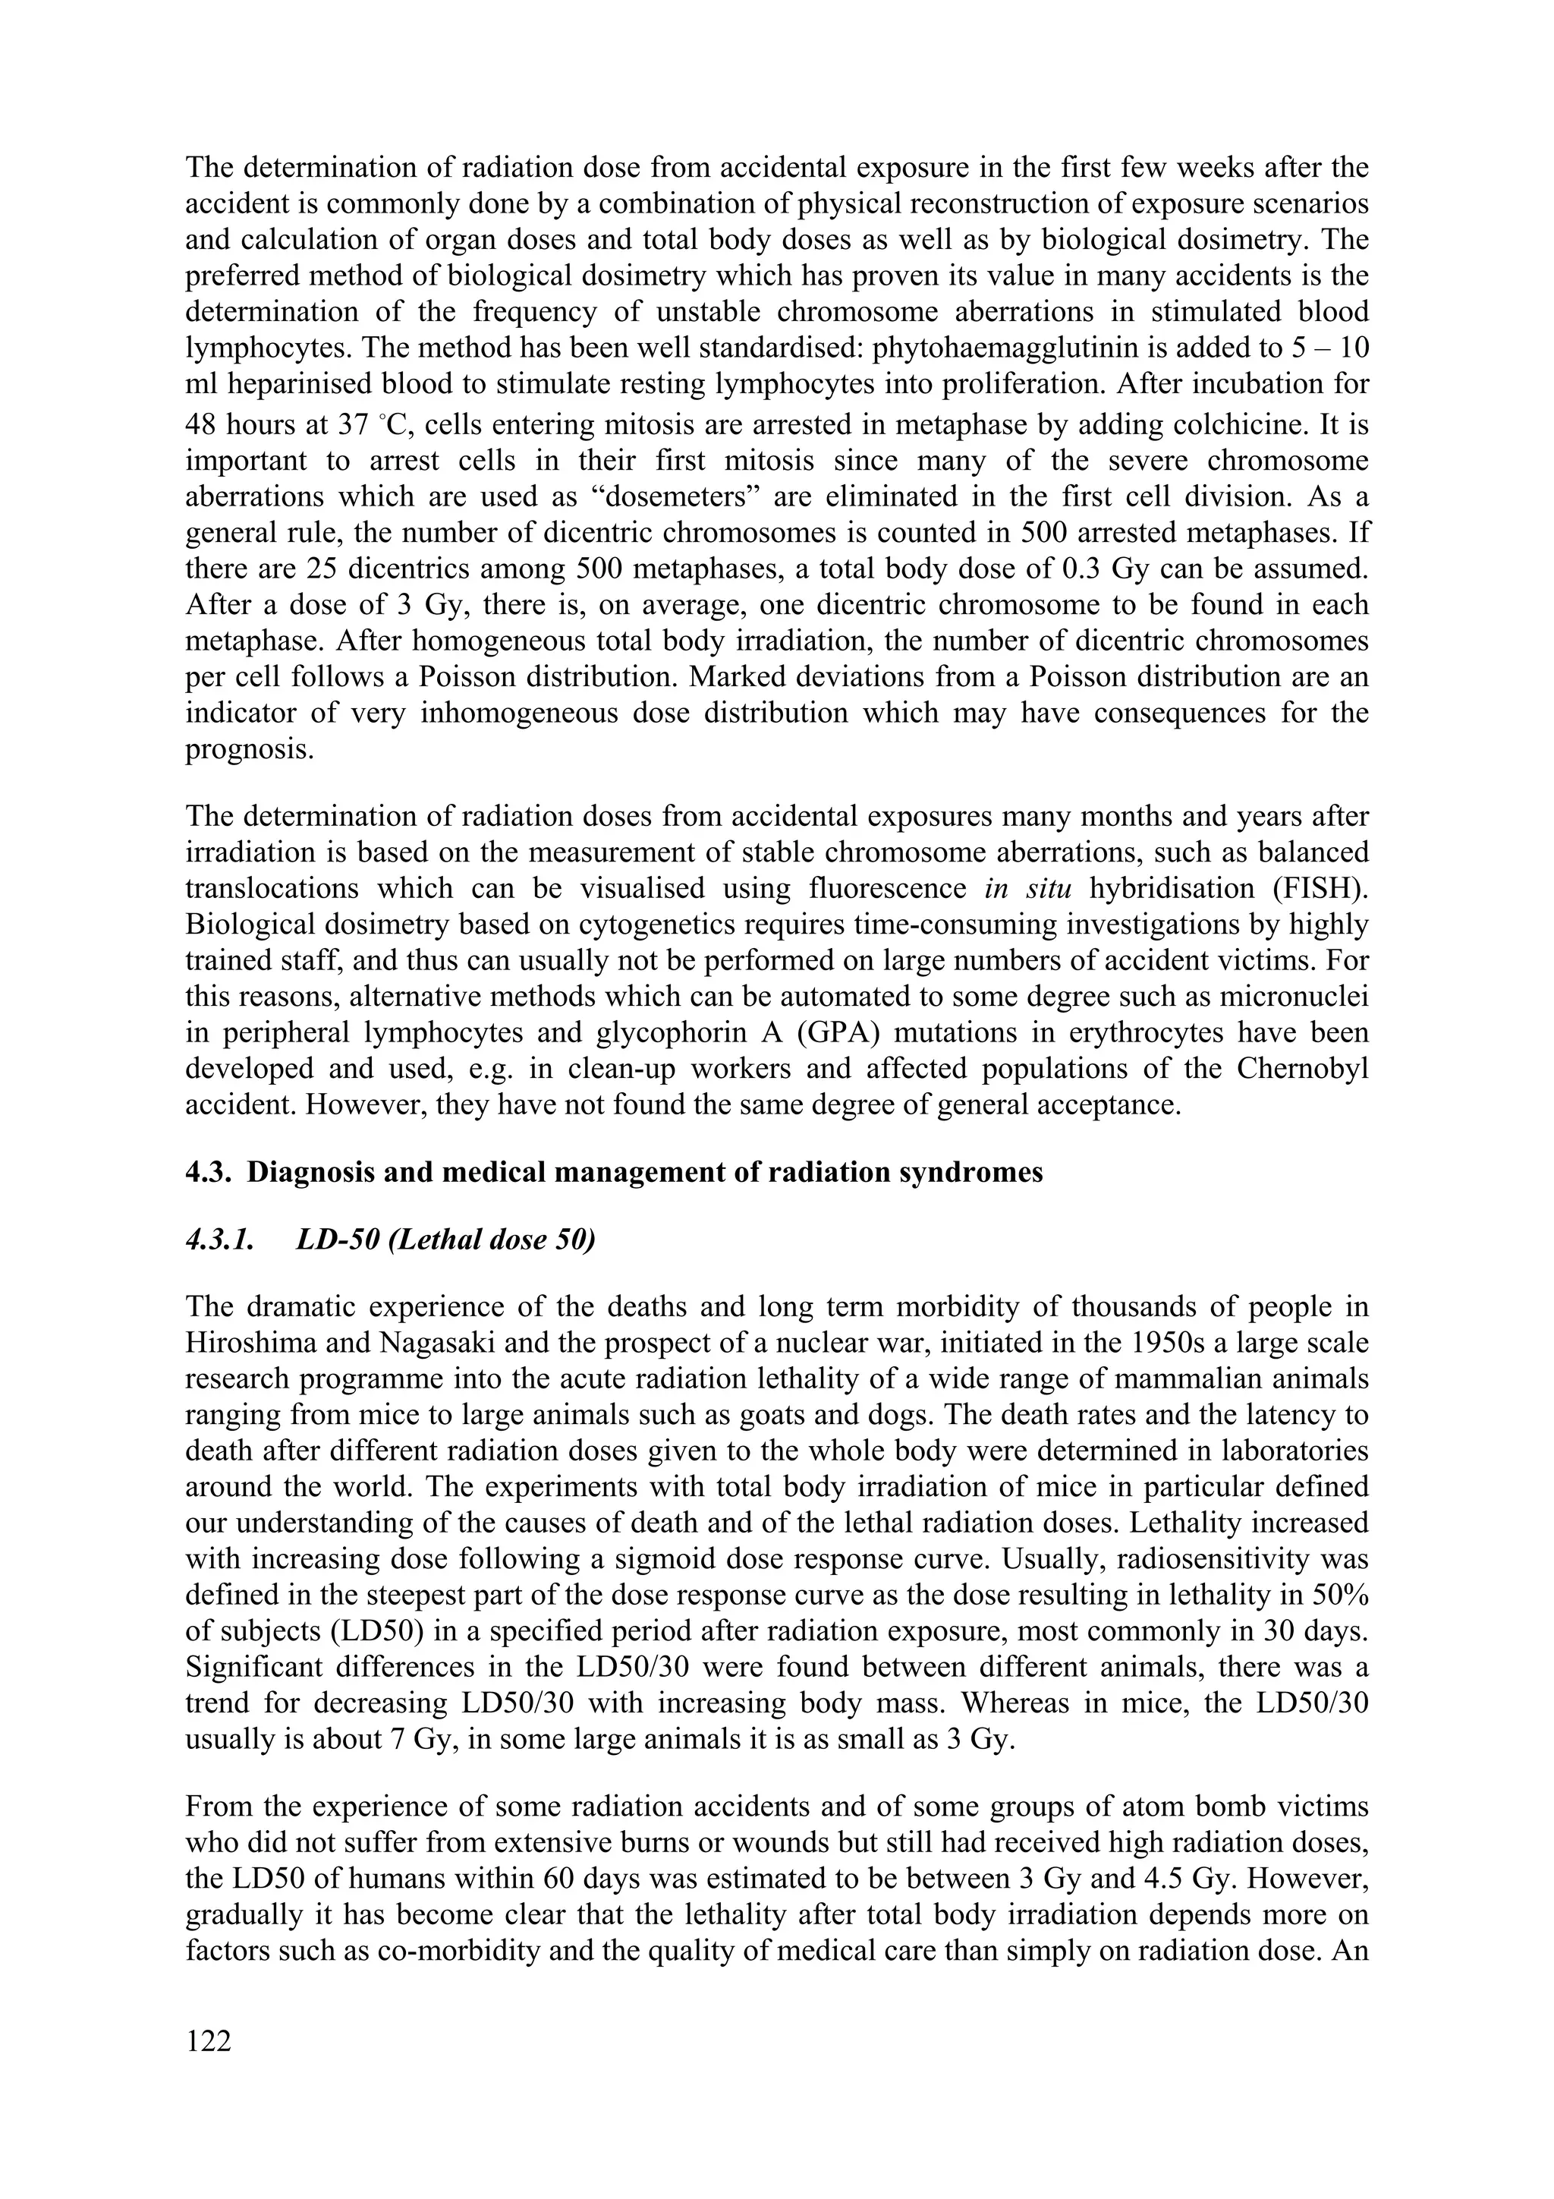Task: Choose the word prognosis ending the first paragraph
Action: click(x=249, y=749)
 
